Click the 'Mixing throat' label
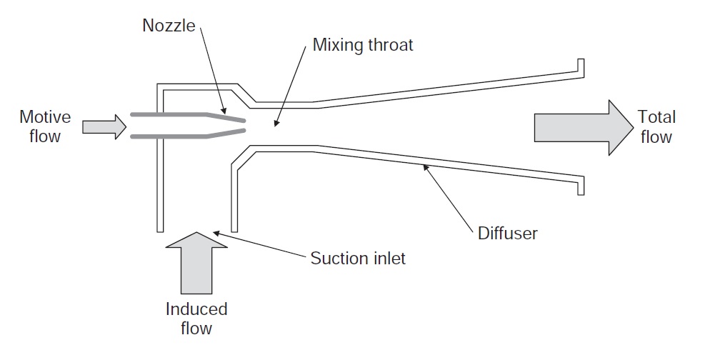(363, 46)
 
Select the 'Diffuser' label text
(508, 233)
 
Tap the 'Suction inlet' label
(357, 258)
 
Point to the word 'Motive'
(45, 116)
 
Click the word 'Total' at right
(656, 117)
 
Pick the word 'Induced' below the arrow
(196, 309)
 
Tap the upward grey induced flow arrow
(196, 266)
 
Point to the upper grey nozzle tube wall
(171, 114)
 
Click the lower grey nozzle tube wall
(171, 136)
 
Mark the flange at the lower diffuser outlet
(581, 187)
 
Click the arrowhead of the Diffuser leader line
(426, 167)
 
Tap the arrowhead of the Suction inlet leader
(215, 231)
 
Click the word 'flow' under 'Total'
(656, 136)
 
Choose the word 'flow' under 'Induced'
(196, 328)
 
